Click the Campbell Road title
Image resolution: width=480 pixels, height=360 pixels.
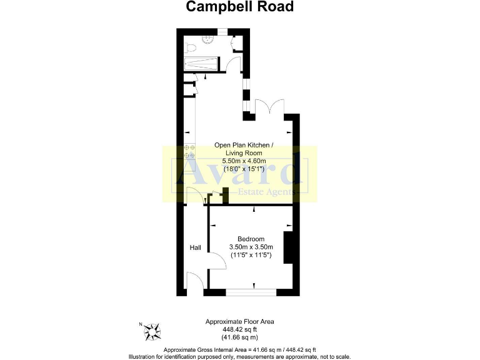click(240, 7)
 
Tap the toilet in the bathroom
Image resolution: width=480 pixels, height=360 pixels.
click(192, 47)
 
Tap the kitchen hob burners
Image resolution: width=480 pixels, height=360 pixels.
click(190, 151)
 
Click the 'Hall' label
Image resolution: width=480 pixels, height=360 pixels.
click(196, 248)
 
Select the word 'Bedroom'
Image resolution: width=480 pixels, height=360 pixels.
click(251, 239)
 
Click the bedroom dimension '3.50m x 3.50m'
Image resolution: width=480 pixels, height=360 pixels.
click(251, 247)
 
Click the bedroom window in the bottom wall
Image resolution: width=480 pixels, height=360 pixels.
click(252, 291)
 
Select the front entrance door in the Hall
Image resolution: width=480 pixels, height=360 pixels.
click(194, 281)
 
